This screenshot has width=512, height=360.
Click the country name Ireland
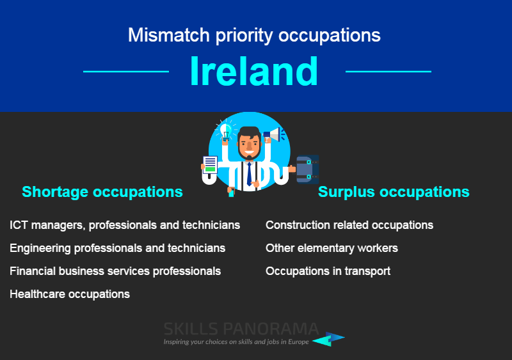254,71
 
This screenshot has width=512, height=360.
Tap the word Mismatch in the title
168,35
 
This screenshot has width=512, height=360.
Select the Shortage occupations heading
102,192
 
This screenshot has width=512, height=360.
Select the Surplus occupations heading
394,192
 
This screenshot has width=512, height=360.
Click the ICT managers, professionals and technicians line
125,225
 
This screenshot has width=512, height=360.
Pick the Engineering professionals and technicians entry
118,248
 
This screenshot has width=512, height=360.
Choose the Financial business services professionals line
115,271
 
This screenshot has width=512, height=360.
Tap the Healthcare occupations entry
70,294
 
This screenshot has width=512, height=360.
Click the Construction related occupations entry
349,225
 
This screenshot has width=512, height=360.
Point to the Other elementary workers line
332,248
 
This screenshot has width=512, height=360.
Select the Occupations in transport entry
328,271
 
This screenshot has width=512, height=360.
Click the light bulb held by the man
225,132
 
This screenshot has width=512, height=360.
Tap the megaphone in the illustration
273,134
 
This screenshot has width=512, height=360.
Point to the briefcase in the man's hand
307,169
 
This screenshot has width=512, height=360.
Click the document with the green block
210,165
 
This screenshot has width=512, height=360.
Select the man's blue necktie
249,174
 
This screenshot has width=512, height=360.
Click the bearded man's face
249,145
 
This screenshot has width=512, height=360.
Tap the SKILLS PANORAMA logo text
241,329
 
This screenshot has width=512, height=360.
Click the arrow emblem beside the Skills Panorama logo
328,339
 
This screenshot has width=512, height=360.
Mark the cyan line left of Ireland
126,72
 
